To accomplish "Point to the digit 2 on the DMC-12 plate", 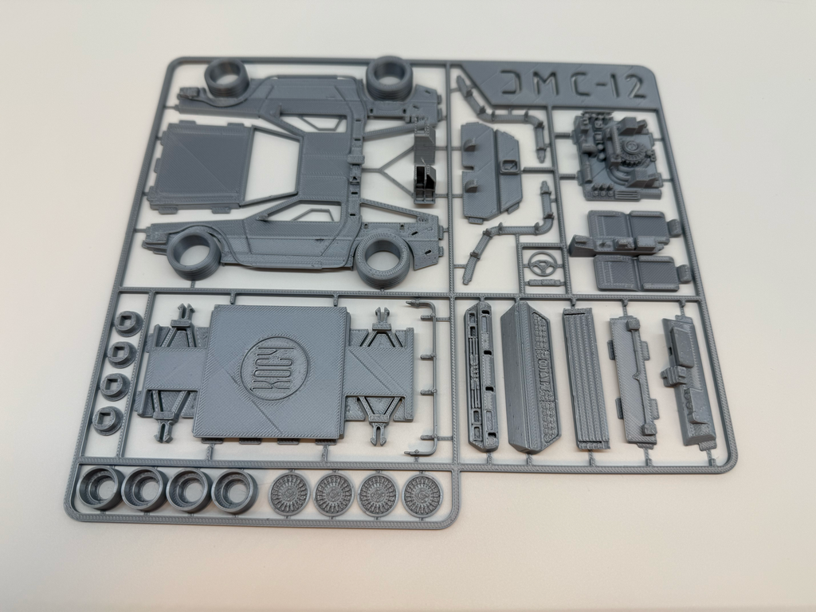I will pyautogui.click(x=634, y=86).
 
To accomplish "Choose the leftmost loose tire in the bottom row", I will pyautogui.click(x=101, y=488).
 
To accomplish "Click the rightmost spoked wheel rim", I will pyautogui.click(x=422, y=496).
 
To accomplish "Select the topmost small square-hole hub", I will pyautogui.click(x=127, y=324).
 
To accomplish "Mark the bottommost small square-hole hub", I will pyautogui.click(x=108, y=418).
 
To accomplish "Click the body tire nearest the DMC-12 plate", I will pyautogui.click(x=389, y=77).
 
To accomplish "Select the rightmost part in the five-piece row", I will pyautogui.click(x=688, y=381).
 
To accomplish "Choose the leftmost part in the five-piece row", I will pyautogui.click(x=481, y=375).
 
